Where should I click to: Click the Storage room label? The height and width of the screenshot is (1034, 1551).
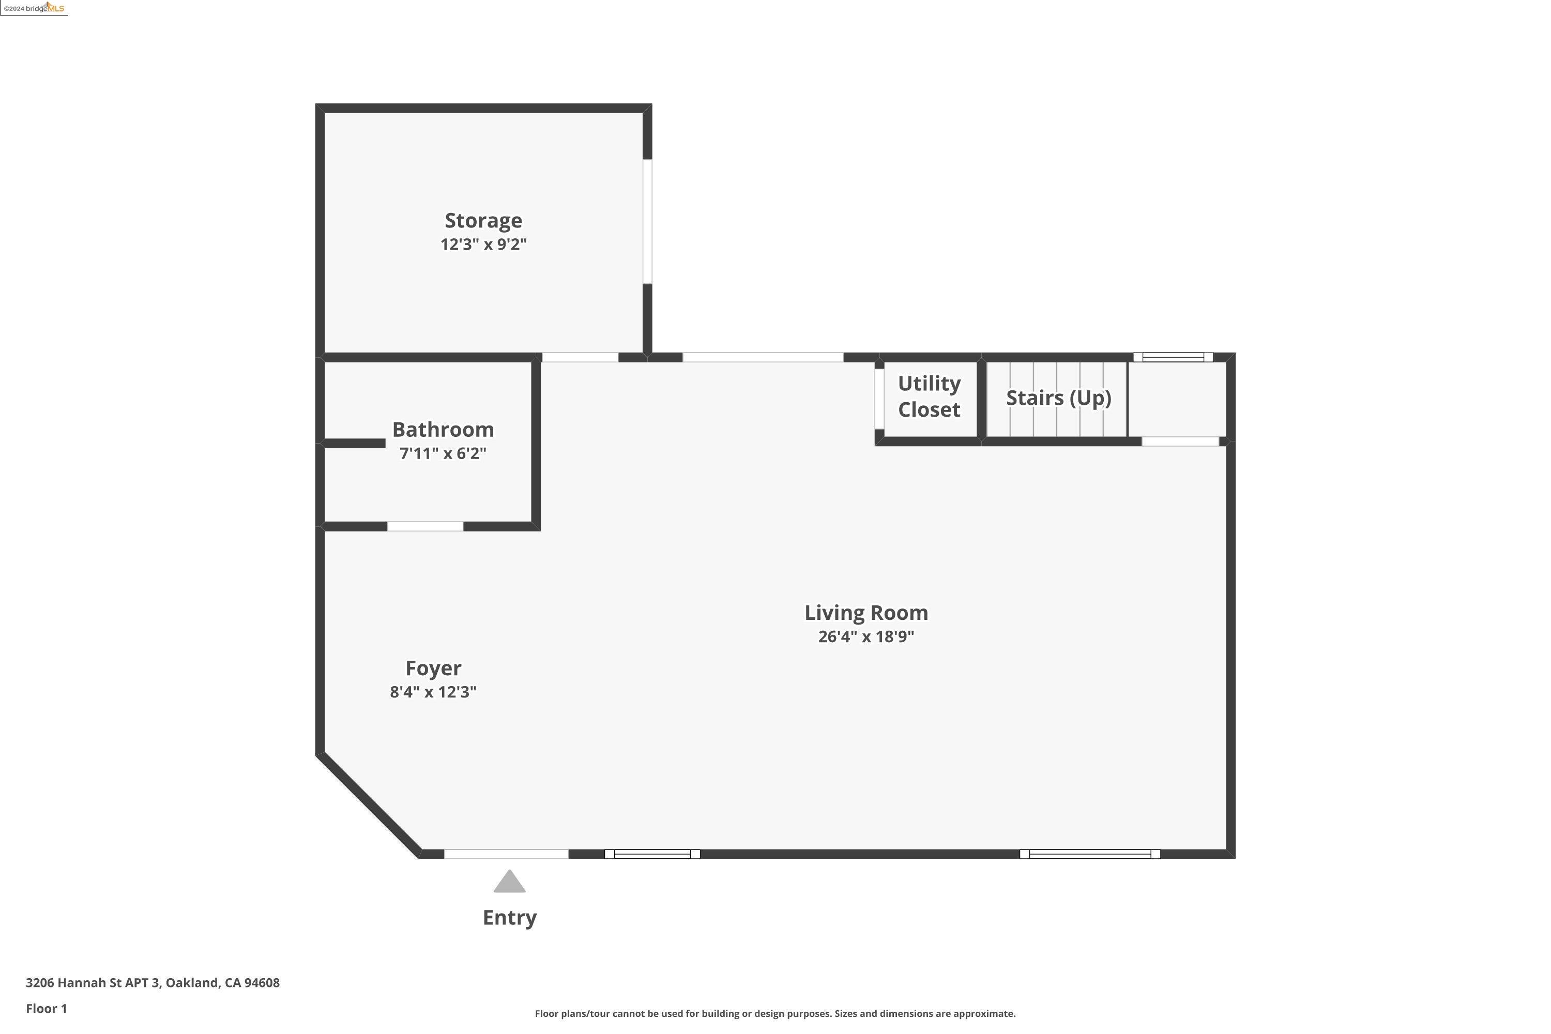point(483,220)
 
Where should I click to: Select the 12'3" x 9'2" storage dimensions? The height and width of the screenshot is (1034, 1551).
point(483,245)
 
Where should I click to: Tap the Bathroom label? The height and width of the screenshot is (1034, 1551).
point(443,429)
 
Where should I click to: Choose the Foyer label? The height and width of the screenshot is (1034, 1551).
point(433,668)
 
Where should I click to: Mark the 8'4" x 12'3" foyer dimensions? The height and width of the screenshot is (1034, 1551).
point(433,692)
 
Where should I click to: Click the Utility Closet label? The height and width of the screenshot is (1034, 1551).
point(929,397)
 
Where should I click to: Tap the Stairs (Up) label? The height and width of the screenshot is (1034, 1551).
point(1058,398)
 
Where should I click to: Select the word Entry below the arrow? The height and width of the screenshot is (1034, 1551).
point(509,917)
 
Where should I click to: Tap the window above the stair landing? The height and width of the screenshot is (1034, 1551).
point(1173,357)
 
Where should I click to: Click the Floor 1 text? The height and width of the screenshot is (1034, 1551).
point(46,1008)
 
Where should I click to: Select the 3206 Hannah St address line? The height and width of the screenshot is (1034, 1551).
point(153,983)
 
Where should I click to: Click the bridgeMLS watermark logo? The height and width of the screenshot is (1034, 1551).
point(34,8)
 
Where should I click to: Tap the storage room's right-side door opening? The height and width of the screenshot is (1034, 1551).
point(648,222)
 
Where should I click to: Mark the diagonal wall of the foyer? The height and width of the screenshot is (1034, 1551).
point(368,805)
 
